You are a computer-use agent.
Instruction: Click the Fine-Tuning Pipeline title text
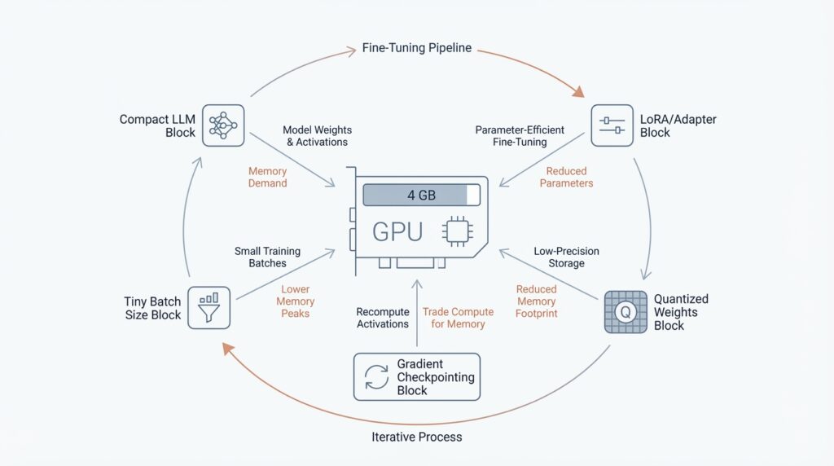coord(417,48)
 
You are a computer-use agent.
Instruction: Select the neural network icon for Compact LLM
coord(223,125)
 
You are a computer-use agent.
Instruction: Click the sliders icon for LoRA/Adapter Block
coord(612,125)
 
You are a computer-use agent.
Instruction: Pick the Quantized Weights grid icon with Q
coord(625,312)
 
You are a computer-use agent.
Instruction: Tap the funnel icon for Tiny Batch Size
coord(208,307)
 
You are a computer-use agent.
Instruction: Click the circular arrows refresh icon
coord(376,376)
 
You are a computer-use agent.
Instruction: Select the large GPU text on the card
coord(397,232)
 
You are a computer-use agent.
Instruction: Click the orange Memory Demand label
coord(268,178)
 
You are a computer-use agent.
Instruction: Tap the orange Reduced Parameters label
coord(566,178)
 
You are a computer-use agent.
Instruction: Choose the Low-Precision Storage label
coord(560,257)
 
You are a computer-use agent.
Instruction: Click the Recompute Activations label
coord(382,318)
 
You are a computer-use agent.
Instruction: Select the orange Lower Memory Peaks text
coord(295,301)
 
